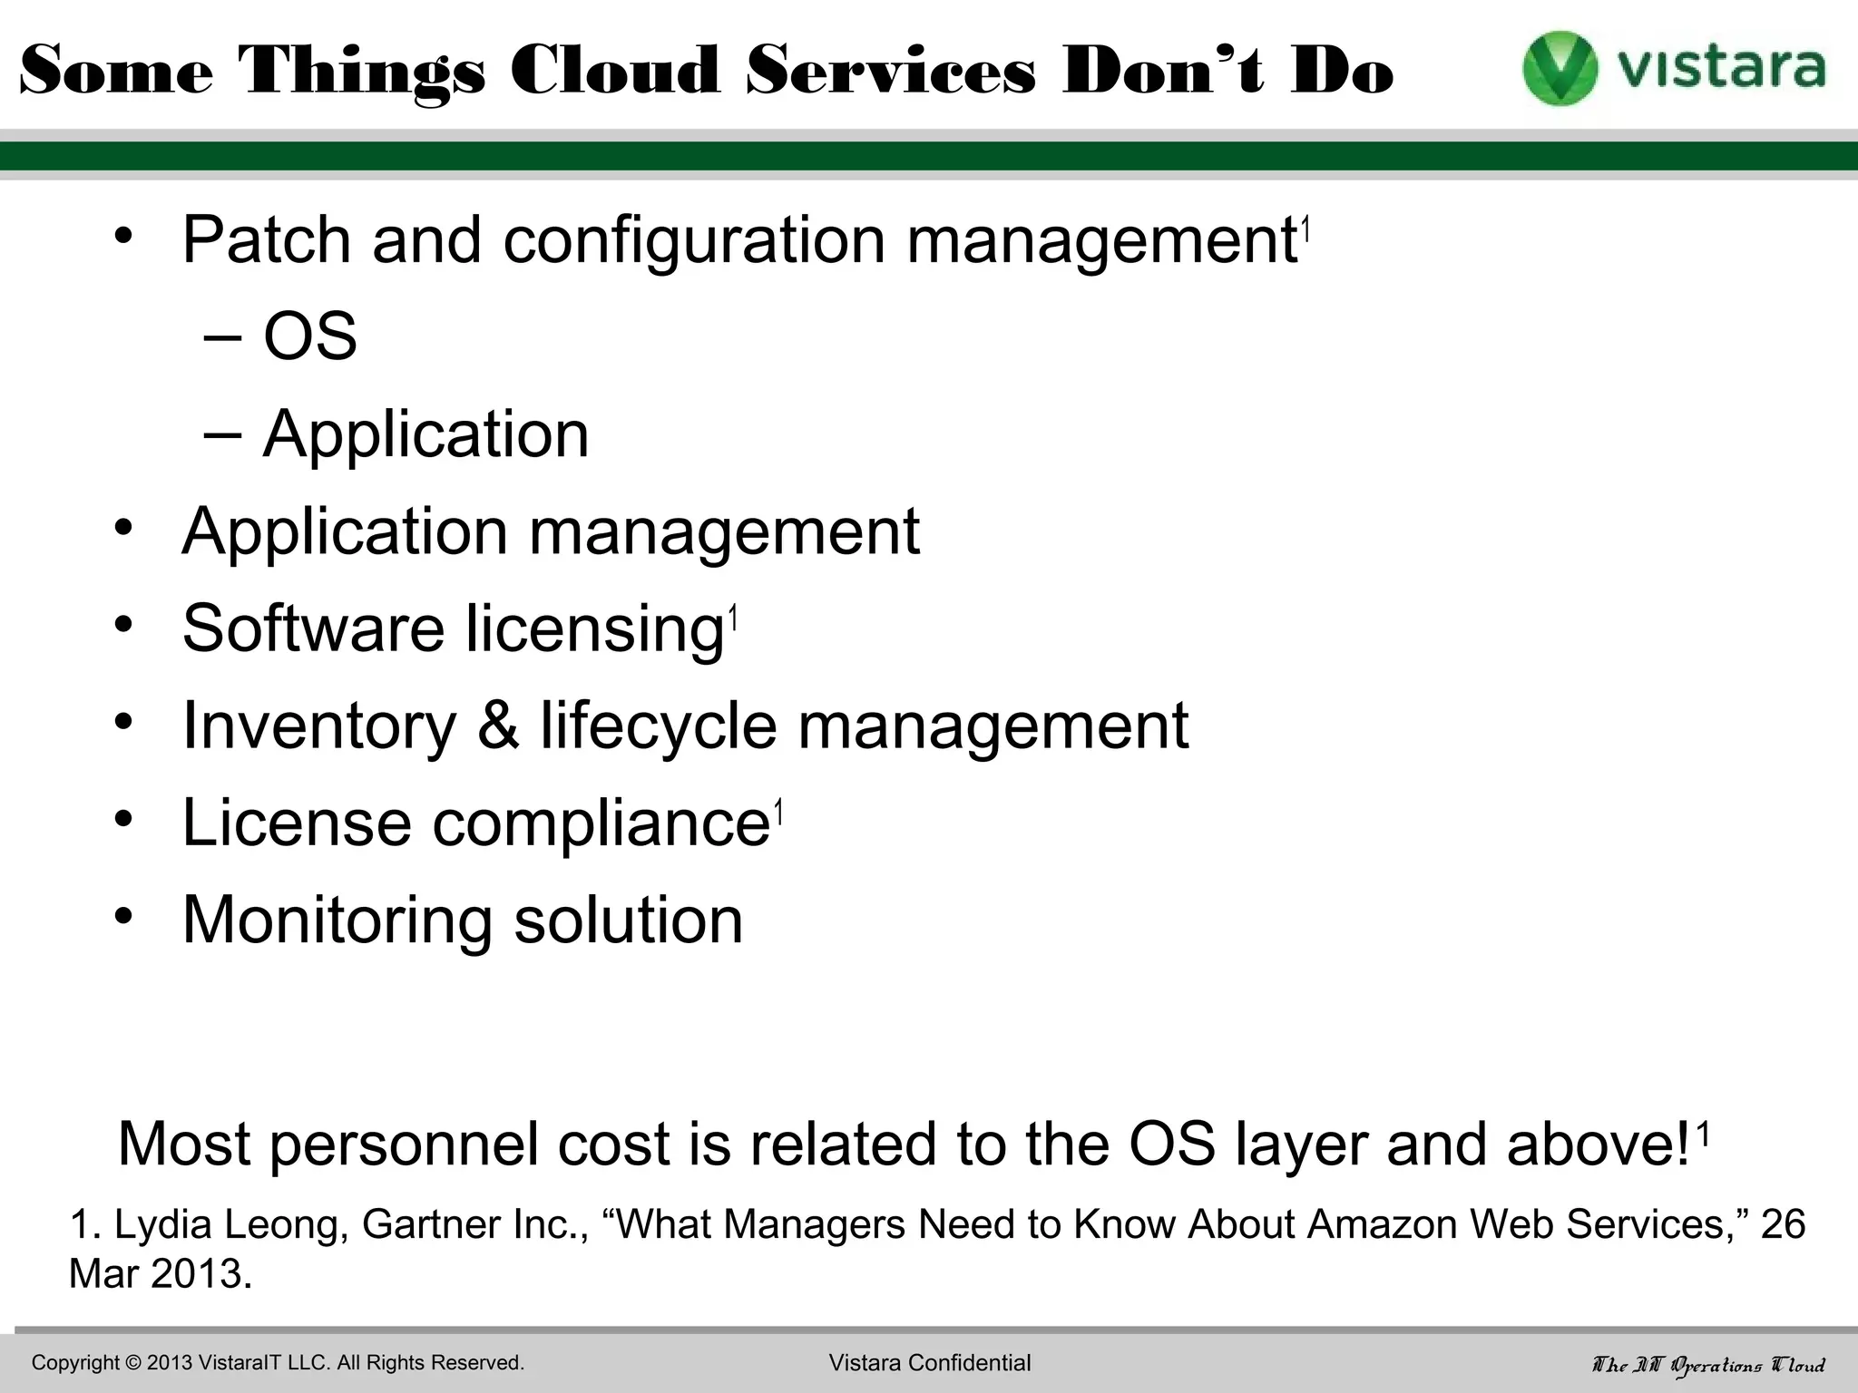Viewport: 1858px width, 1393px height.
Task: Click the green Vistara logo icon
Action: click(x=1560, y=69)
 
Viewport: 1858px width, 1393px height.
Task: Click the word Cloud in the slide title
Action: click(x=615, y=71)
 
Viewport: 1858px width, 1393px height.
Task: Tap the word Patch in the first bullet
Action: click(x=267, y=240)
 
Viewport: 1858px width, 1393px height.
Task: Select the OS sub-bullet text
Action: click(x=310, y=336)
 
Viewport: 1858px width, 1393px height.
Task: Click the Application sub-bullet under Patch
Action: click(x=425, y=434)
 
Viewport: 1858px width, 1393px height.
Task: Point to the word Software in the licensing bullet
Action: click(x=313, y=628)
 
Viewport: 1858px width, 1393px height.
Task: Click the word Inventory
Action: click(x=318, y=726)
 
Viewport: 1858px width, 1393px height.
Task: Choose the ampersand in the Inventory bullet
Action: click(x=498, y=726)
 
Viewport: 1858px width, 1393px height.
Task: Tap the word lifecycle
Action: click(x=659, y=726)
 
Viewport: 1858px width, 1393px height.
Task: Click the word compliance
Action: click(x=601, y=823)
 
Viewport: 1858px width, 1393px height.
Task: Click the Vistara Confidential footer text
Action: click(x=930, y=1363)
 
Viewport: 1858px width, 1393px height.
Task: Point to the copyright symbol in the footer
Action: click(x=133, y=1363)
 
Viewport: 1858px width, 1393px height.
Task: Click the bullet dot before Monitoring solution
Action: click(x=124, y=916)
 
